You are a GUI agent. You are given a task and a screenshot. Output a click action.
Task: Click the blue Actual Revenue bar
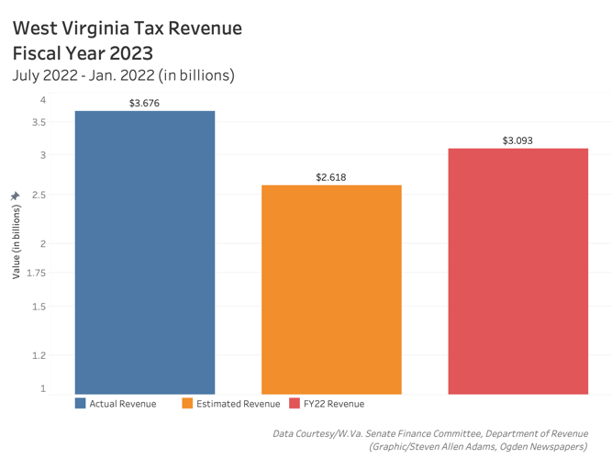tap(145, 252)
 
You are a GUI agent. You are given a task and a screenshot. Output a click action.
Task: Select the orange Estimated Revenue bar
tap(331, 289)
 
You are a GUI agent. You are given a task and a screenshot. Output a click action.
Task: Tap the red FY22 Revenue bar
tap(518, 271)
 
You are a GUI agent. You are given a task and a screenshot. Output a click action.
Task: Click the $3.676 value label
tap(145, 103)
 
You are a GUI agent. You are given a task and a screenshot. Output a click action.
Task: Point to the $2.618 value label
tap(331, 177)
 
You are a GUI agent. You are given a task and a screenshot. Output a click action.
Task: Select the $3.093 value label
tap(517, 140)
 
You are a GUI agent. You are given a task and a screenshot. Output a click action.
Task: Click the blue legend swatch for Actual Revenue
tap(81, 404)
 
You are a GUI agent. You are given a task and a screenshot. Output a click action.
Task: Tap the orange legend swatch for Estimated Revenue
tap(188, 404)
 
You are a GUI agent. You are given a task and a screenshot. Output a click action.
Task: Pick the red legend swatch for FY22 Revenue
tap(295, 404)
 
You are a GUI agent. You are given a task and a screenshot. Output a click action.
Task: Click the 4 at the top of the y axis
tap(42, 99)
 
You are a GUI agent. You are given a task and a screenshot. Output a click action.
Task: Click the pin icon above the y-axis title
tap(15, 196)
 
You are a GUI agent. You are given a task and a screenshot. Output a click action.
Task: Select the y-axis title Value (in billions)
tap(16, 241)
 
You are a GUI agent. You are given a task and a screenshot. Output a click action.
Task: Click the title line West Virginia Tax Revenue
tap(128, 28)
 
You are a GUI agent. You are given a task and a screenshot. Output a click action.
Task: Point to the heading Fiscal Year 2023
tap(83, 53)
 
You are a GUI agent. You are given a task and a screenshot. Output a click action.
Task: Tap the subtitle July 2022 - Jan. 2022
tap(124, 75)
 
